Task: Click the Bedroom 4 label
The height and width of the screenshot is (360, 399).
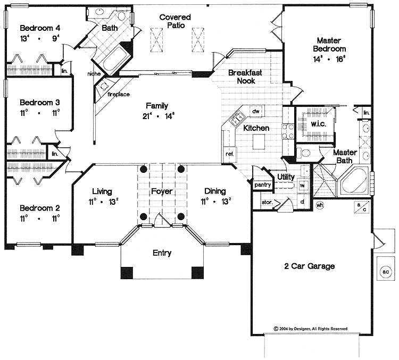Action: click(x=37, y=28)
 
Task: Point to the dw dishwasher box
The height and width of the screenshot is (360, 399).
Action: click(x=255, y=112)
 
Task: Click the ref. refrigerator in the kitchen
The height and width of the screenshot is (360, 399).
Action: click(x=230, y=154)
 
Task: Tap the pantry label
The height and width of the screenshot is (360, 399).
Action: click(x=262, y=185)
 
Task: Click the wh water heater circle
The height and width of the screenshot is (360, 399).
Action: click(x=320, y=205)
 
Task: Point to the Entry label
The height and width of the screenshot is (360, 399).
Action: click(x=162, y=253)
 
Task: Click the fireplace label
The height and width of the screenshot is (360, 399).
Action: click(x=118, y=95)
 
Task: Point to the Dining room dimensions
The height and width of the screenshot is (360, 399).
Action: click(x=213, y=202)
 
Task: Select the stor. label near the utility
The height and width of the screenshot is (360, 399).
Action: click(x=267, y=202)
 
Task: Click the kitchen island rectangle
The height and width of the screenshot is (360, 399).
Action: click(x=259, y=143)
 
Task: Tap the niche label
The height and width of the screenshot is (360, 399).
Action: click(x=95, y=75)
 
